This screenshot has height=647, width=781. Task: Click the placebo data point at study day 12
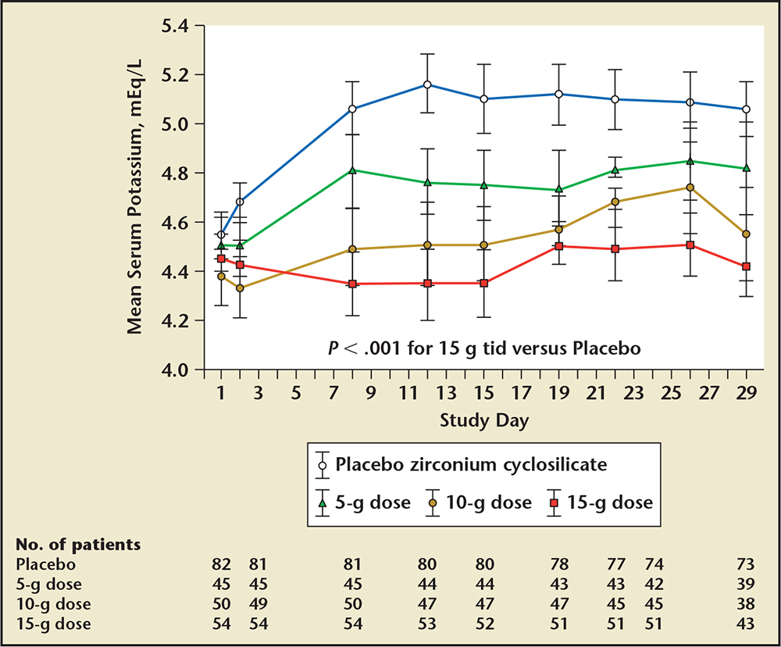pos(427,84)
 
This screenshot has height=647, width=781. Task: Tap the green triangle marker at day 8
pos(353,170)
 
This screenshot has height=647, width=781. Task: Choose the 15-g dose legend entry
pos(609,502)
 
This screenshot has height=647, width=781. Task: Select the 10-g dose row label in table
pos(54,604)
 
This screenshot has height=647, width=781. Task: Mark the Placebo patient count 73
pos(745,563)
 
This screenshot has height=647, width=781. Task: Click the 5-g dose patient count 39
pos(745,584)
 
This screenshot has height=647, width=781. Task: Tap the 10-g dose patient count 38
pos(745,604)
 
